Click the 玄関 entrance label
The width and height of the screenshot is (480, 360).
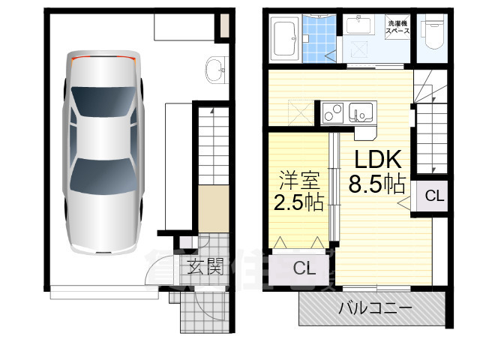tap(204, 265)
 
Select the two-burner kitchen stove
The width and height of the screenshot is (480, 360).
tap(333, 112)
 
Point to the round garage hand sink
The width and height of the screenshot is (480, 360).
tap(214, 69)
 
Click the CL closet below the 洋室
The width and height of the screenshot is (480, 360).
tap(303, 268)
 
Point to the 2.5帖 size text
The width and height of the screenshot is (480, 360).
tap(299, 204)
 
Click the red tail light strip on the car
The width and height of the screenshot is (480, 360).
tap(102, 56)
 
